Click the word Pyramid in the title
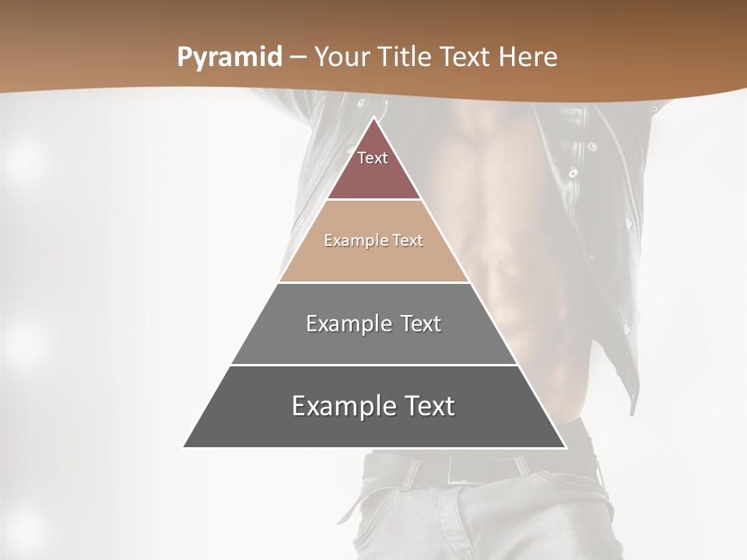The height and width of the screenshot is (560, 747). pos(229,58)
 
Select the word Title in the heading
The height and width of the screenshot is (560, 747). pos(409,58)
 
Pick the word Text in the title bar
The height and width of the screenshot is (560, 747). pos(468,58)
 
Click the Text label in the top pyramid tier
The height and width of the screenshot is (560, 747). pos(373,158)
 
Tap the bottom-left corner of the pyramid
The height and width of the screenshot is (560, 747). pos(184,447)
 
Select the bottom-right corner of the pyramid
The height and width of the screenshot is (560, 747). pos(566,447)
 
